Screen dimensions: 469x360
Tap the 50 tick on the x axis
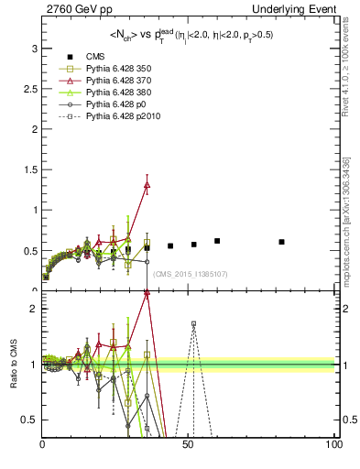coord(188,444)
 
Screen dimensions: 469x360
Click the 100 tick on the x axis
coord(333,444)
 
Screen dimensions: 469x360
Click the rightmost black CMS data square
coord(281,242)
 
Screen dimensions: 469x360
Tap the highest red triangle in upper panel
coord(147,184)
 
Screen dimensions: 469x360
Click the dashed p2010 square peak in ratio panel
coord(193,323)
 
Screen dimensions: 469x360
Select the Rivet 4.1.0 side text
coord(349,69)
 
